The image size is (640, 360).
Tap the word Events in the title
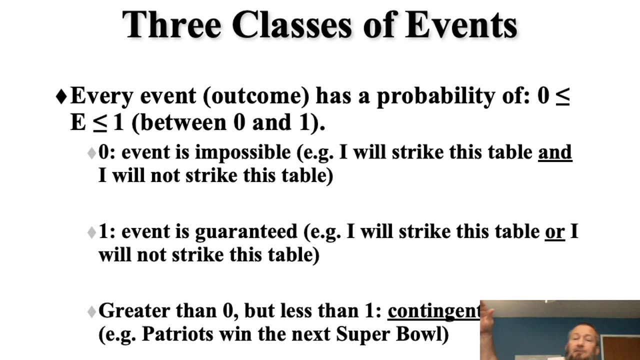click(x=461, y=25)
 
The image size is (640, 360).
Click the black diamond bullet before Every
click(x=61, y=96)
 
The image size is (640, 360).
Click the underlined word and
click(x=554, y=152)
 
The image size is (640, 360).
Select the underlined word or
click(x=554, y=231)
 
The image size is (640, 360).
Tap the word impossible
click(x=242, y=152)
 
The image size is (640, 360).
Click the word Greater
click(x=134, y=311)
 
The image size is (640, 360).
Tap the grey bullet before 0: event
click(x=91, y=153)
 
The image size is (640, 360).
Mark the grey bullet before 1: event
click(x=91, y=232)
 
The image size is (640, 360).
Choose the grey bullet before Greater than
click(x=91, y=312)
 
